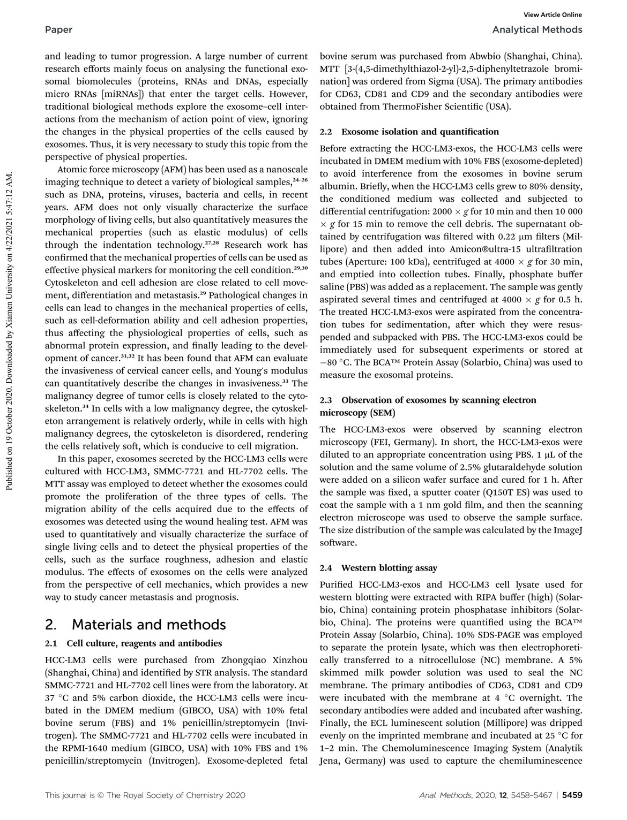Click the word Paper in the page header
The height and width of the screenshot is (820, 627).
coord(59,29)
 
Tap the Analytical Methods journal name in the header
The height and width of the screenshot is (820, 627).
coord(537,29)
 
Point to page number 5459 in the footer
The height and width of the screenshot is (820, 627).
coord(572,795)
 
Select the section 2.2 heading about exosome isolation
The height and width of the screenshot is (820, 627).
coord(409,132)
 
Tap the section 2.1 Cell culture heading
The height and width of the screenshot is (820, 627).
coord(133,643)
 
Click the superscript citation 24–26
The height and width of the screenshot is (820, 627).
coord(300,180)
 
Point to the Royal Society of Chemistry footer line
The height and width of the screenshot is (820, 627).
coord(145,795)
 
